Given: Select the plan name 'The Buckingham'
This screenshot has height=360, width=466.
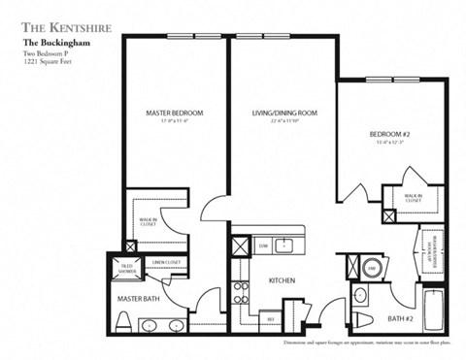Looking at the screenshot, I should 48,45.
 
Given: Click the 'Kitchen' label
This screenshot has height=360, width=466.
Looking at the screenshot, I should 281,280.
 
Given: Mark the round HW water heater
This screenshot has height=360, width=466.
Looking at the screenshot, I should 371,267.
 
